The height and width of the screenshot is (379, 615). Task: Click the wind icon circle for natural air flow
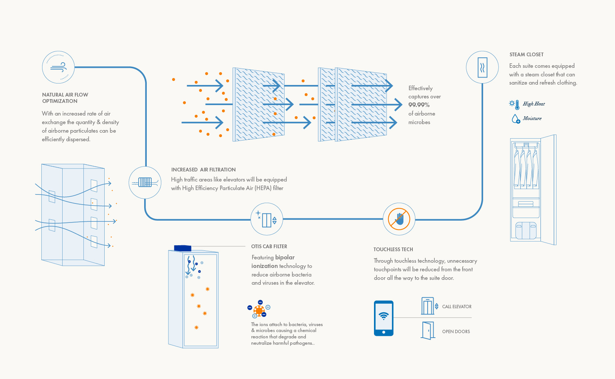[58, 67]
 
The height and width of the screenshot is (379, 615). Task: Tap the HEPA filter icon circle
[145, 182]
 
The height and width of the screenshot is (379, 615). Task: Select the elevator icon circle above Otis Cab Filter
[267, 219]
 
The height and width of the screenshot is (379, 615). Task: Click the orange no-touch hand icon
[399, 219]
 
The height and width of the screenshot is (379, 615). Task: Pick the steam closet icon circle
[482, 67]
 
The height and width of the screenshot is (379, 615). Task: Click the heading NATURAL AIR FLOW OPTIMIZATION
[65, 98]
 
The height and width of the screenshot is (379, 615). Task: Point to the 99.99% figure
[419, 105]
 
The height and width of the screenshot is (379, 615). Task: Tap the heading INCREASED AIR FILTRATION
[203, 170]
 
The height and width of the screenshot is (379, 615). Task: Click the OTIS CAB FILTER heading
[269, 246]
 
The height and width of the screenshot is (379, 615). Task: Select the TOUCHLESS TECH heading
[393, 249]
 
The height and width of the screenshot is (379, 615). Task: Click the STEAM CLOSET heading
[526, 54]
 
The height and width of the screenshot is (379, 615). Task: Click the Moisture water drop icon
[516, 119]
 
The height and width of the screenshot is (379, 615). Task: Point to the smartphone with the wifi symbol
[384, 318]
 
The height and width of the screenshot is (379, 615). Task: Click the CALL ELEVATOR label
[457, 307]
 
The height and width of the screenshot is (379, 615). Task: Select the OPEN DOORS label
[456, 332]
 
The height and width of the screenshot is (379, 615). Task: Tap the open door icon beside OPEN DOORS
[428, 330]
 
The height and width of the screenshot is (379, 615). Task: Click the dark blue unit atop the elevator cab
[183, 248]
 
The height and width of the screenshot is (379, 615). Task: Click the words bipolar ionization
[273, 262]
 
